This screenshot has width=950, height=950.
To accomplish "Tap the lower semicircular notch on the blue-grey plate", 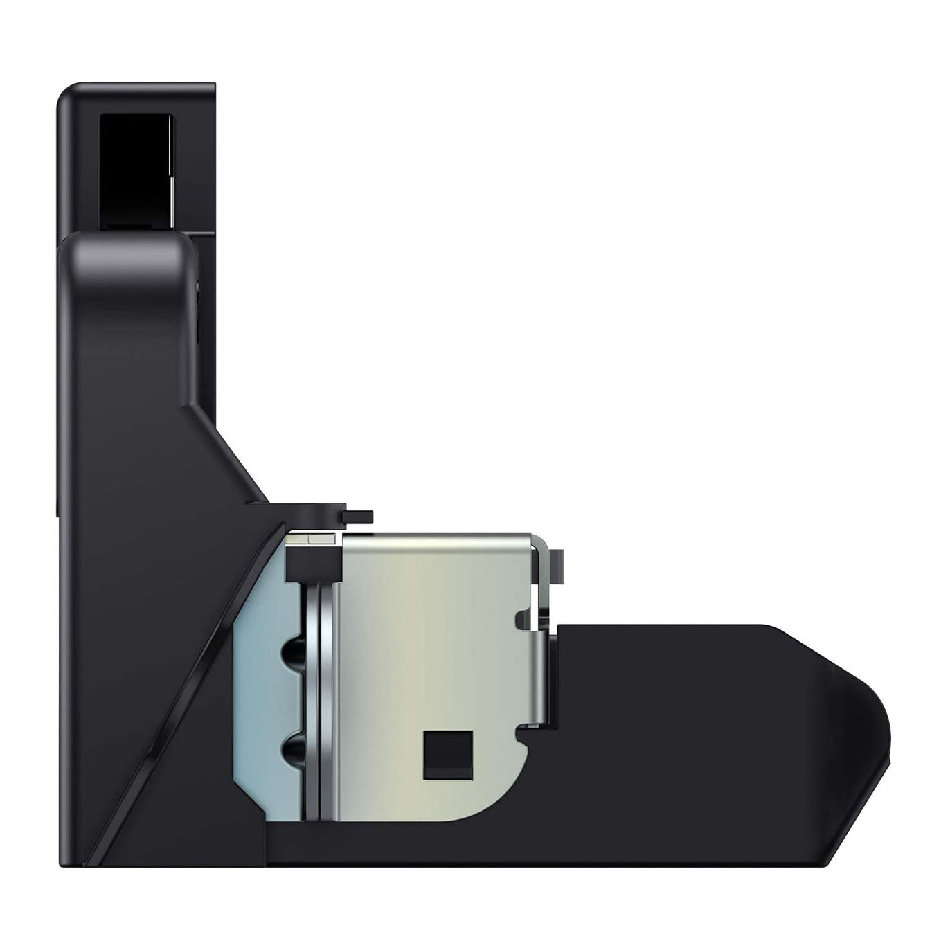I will [291, 750].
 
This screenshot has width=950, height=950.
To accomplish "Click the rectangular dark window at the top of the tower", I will [136, 170].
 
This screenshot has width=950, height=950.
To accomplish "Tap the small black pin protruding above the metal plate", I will [359, 516].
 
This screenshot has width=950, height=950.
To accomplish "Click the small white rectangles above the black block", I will [313, 538].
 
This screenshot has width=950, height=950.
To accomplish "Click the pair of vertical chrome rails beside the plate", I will [319, 699].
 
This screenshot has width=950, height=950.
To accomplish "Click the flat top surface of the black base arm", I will [665, 627].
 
